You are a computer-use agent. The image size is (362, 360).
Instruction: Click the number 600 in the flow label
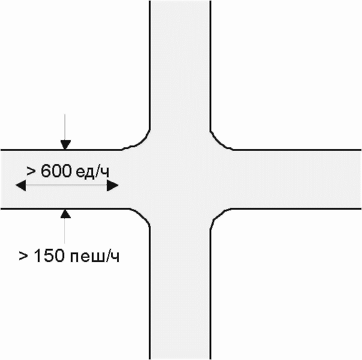[x=56, y=171]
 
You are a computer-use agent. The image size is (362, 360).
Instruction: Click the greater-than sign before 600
[x=31, y=171]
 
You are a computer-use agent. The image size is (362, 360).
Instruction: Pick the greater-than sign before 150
[x=23, y=257]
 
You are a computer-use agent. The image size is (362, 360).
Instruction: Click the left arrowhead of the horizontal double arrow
[x=21, y=186]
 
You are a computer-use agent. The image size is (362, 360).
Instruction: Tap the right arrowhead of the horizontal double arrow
[x=113, y=186]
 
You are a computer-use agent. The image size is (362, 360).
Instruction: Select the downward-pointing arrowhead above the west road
[x=65, y=144]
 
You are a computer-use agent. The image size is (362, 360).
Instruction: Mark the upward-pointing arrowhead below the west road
[x=65, y=213]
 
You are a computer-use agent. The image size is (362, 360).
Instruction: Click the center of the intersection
[x=180, y=179]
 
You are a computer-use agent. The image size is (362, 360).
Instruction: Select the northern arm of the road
[x=180, y=60]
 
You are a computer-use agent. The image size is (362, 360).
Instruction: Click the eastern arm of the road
[x=294, y=179]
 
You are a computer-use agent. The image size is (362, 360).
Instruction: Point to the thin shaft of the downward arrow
[x=65, y=127]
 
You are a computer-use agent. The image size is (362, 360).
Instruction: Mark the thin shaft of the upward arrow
[x=65, y=231]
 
